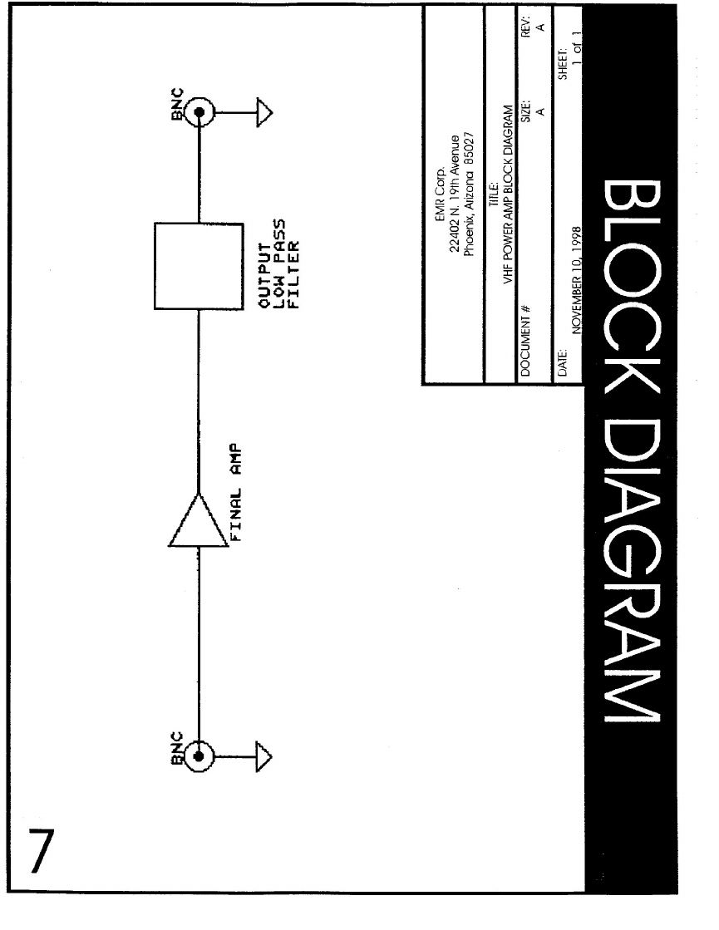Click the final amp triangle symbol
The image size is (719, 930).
[198, 521]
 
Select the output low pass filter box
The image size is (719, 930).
[198, 266]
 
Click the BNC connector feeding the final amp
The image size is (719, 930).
[199, 755]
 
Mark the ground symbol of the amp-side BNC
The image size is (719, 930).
[264, 755]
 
